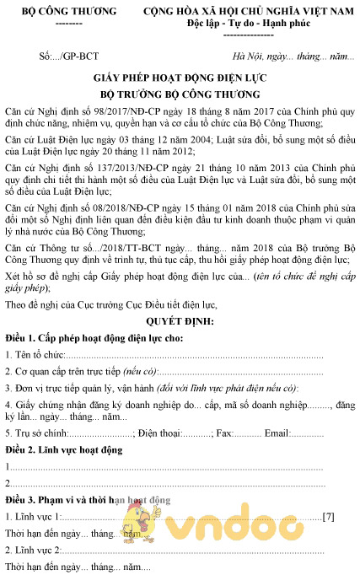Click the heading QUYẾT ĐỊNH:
(180, 321)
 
